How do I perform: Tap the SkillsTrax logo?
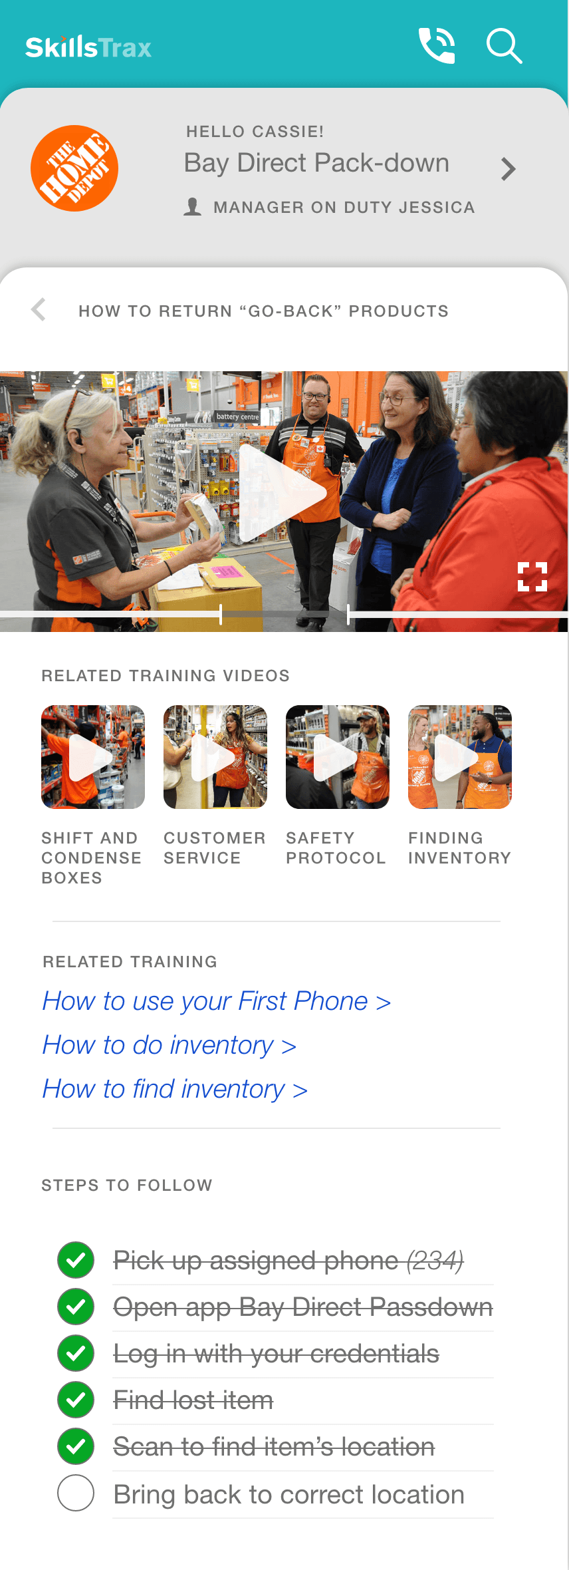point(88,47)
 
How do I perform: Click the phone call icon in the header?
point(437,45)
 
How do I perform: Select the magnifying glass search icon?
point(504,45)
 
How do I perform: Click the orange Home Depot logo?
point(74,168)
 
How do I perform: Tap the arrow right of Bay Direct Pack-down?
point(509,169)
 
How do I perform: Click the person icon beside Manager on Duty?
point(192,207)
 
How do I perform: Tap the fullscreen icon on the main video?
point(532,577)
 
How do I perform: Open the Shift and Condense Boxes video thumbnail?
point(93,757)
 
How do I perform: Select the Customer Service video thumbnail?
point(215,757)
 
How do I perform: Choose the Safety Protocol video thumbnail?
point(338,757)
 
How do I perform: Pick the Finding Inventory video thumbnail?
point(460,757)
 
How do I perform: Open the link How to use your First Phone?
point(217,1001)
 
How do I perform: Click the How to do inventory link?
point(170,1045)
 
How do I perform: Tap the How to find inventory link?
point(175,1089)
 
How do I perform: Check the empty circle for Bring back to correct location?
point(76,1493)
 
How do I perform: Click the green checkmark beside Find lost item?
point(76,1400)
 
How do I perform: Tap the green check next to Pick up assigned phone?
point(76,1260)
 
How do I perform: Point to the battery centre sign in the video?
point(237,416)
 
